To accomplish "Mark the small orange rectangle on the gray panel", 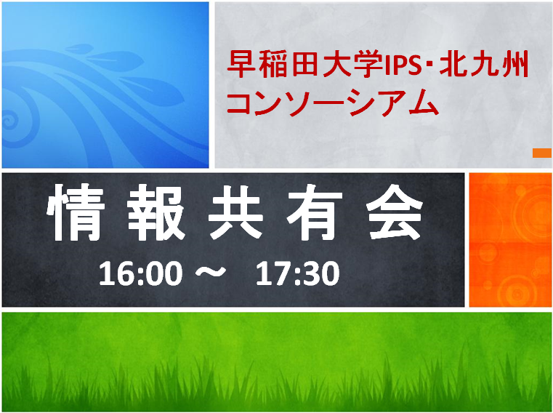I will click(x=541, y=153).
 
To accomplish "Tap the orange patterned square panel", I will click(x=510, y=239).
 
